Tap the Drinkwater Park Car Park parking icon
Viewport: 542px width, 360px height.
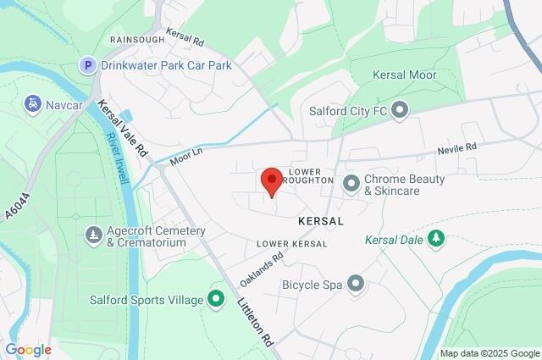(x=87, y=64)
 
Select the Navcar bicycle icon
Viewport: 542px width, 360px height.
(x=33, y=103)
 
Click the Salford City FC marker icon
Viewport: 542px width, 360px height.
(x=401, y=108)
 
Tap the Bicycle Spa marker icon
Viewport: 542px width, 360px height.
(x=356, y=283)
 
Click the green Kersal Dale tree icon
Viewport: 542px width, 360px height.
(x=436, y=239)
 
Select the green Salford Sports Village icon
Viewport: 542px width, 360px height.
(x=216, y=298)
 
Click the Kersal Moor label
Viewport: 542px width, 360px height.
(x=405, y=75)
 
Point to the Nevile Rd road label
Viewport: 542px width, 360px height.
(x=457, y=148)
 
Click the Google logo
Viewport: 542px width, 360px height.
(x=28, y=349)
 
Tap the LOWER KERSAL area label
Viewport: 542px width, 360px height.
(x=291, y=244)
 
